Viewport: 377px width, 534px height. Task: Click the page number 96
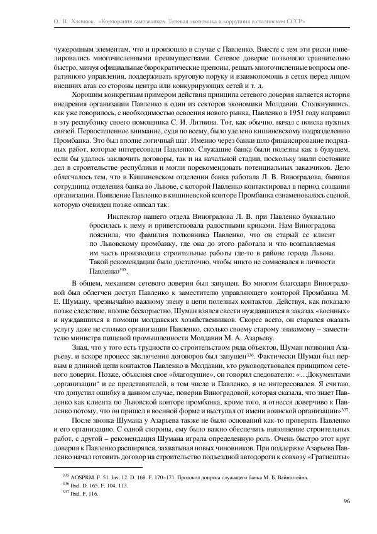click(x=347, y=501)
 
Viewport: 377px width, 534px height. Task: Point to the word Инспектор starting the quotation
click(x=125, y=216)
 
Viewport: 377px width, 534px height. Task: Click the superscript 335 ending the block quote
click(x=123, y=268)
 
